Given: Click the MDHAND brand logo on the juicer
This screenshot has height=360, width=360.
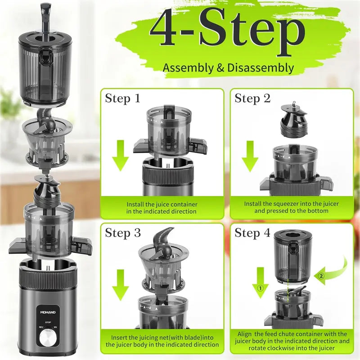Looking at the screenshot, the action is [x=48, y=312].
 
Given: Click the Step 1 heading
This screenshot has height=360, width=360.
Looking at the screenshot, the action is [x=122, y=99].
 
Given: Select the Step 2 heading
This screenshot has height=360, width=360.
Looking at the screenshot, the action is [x=252, y=99].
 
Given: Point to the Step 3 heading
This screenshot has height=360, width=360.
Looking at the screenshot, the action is [x=123, y=233].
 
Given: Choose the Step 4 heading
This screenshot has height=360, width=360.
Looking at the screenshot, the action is [x=252, y=233].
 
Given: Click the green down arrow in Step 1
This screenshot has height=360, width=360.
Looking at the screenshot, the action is [x=121, y=156].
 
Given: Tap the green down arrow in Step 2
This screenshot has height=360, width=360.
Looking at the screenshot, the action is [x=250, y=157].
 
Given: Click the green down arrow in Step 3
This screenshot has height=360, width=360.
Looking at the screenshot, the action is [x=121, y=285].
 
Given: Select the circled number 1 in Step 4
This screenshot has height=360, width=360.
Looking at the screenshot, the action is [x=260, y=288].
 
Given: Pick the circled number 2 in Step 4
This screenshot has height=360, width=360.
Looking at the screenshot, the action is [x=321, y=275].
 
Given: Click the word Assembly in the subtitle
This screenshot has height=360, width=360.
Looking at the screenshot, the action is [x=188, y=68].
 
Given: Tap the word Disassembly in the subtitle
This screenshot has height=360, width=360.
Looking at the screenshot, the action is [x=261, y=68].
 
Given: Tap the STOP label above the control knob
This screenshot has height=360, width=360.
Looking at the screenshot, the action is [x=48, y=322].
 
